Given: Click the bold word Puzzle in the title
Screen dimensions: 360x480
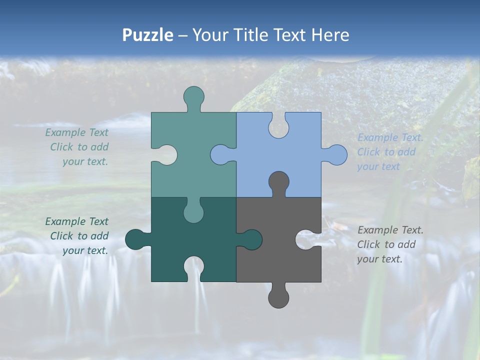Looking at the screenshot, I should [x=147, y=35].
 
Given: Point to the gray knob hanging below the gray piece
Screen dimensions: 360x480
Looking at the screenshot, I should [x=278, y=297].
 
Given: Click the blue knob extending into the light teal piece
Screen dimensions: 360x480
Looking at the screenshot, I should [x=220, y=154].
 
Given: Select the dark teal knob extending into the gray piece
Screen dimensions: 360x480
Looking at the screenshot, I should [x=252, y=239].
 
